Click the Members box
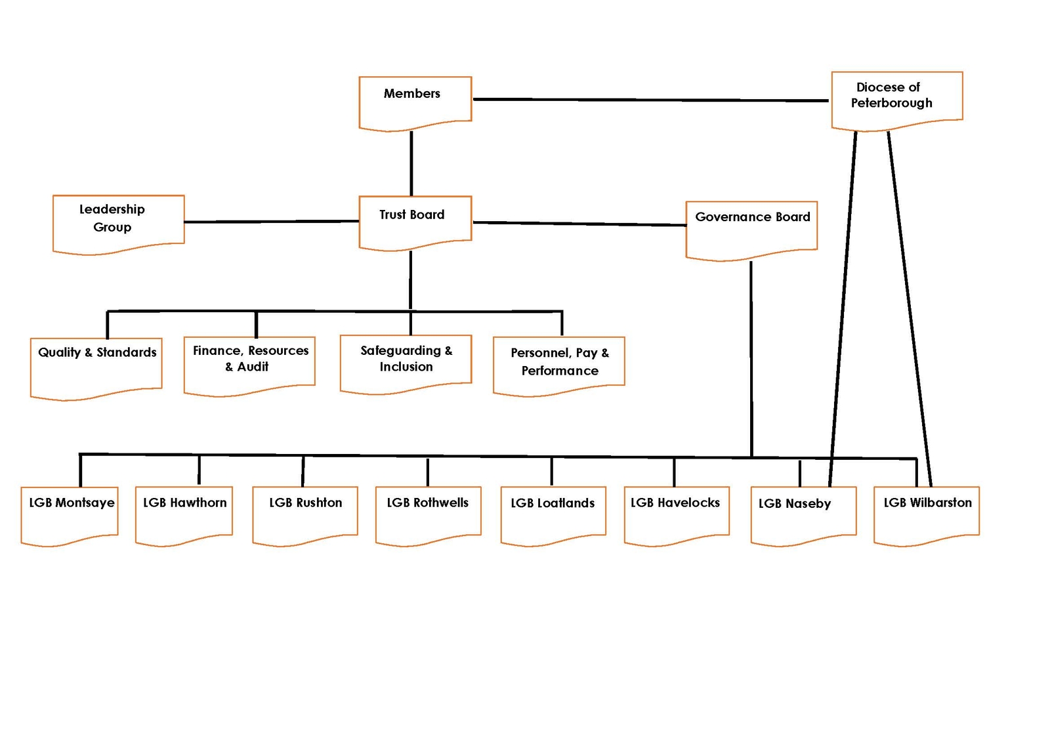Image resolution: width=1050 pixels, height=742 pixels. pos(415,102)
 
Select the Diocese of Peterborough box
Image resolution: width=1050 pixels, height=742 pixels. pos(896,98)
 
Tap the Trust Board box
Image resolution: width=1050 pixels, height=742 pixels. pos(415,222)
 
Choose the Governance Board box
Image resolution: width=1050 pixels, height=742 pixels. pos(751,228)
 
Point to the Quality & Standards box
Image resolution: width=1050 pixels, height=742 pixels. pos(96,366)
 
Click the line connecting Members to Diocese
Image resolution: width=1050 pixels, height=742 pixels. pos(650,100)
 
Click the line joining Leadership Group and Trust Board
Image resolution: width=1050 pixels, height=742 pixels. pos(271,222)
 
